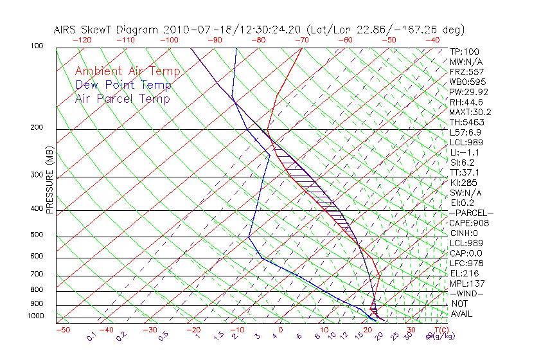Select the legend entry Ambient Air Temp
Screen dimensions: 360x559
pos(127,71)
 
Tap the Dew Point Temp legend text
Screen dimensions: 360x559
pos(123,85)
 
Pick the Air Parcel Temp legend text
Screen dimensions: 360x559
pos(122,98)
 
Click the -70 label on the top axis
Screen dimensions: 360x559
pos(301,40)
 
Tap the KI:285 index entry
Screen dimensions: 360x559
pos(463,183)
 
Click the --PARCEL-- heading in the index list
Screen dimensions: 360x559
pos(471,213)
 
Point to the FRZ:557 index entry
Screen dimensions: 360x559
pos(466,71)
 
